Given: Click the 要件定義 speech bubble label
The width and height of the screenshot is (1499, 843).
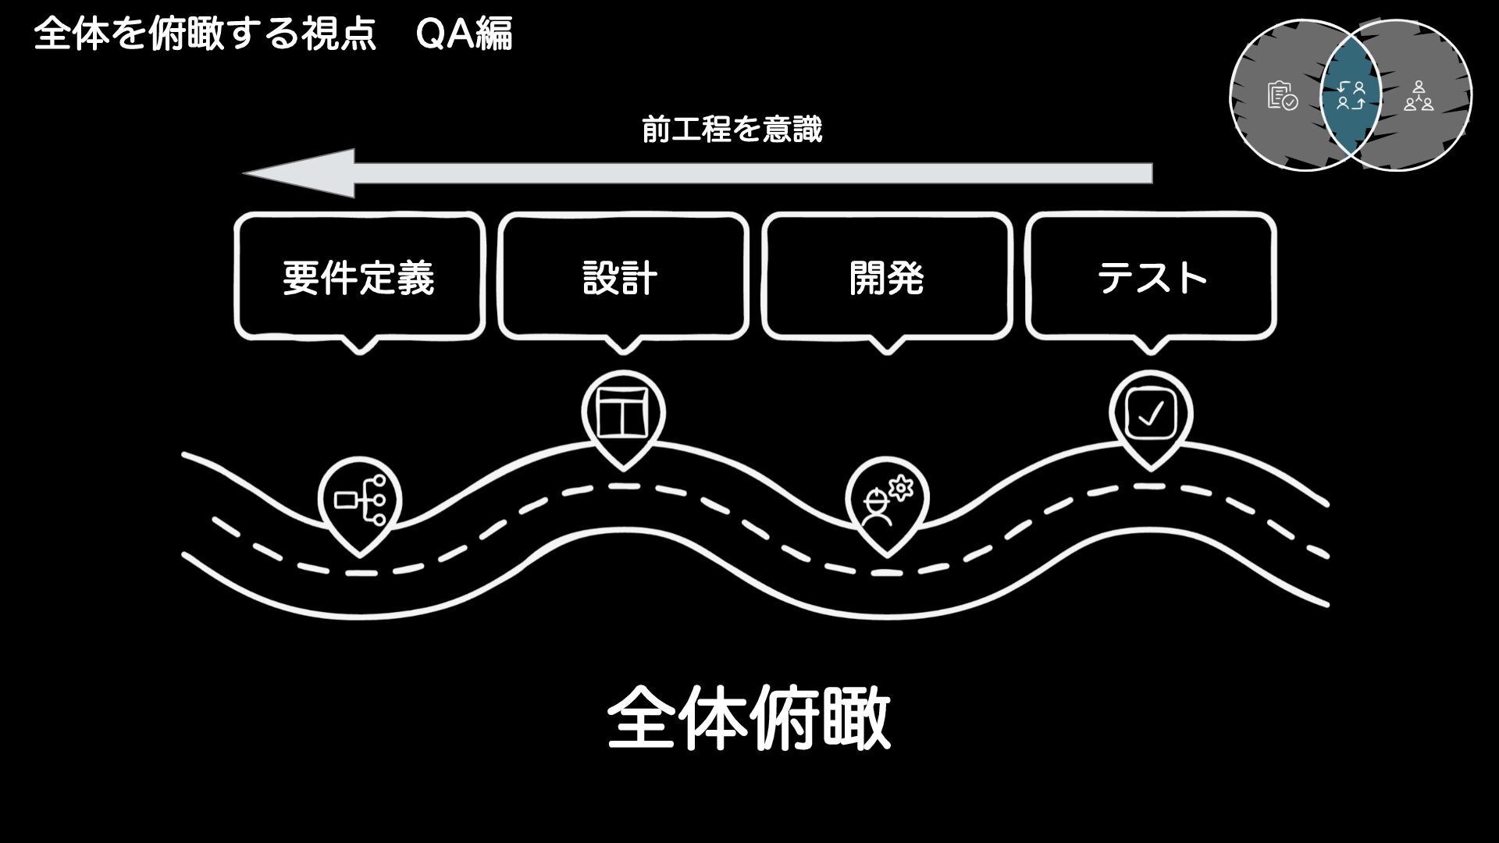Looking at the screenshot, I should tap(358, 278).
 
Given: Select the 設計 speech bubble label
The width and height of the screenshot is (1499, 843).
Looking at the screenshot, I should tap(621, 278).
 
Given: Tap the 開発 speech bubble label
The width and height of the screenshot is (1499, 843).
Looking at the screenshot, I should tap(886, 278).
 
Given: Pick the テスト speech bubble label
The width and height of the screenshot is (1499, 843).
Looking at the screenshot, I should tap(1152, 278).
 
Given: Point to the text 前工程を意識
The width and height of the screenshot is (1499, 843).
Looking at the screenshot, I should tap(732, 130).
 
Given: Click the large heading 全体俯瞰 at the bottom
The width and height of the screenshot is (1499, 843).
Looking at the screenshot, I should tap(749, 718).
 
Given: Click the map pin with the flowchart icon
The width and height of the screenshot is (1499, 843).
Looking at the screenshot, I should tap(360, 502).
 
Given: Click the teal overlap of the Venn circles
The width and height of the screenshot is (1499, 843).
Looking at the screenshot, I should tap(1351, 95).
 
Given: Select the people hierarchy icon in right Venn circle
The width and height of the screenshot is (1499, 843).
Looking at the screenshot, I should tap(1418, 96).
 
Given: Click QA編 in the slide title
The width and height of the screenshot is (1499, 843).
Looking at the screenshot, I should tap(465, 35).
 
